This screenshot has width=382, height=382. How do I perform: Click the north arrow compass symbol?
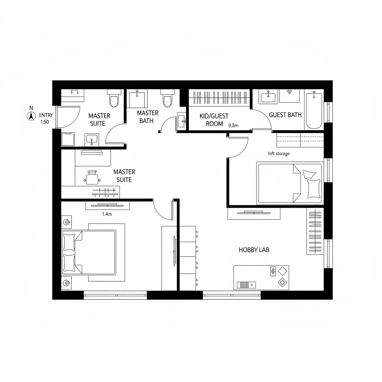(31, 116)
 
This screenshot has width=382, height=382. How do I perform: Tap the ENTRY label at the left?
(46, 115)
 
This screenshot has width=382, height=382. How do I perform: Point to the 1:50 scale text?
(44, 122)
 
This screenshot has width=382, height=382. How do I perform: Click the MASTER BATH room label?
(147, 117)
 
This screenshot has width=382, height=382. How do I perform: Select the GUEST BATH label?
(285, 115)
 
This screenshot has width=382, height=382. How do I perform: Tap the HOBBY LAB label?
(254, 250)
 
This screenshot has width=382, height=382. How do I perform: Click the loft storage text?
(279, 153)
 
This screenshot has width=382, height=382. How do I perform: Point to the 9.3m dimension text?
(233, 125)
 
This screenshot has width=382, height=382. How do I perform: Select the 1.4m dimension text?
(107, 214)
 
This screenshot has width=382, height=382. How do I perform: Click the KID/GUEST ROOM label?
(214, 120)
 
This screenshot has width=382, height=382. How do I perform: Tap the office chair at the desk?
(92, 177)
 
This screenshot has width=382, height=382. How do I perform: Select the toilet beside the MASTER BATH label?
(167, 98)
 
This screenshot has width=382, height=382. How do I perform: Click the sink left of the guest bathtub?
(268, 97)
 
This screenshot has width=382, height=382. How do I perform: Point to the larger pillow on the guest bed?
(313, 188)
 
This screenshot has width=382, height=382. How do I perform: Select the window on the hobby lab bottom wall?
(231, 295)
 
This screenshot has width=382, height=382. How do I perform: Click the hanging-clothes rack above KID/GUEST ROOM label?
(219, 98)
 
